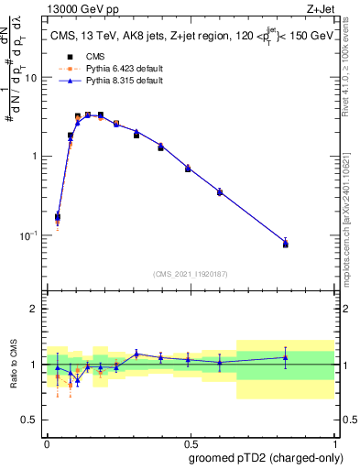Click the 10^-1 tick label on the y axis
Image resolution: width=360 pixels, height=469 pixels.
pyautogui.click(x=29, y=235)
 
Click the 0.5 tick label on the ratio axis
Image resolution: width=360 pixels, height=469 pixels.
pyautogui.click(x=30, y=421)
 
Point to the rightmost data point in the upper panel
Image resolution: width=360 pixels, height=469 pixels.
pyautogui.click(x=285, y=244)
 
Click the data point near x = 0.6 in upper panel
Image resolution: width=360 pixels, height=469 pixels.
pyautogui.click(x=220, y=191)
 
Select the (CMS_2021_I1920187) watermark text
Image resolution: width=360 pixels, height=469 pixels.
pyautogui.click(x=190, y=274)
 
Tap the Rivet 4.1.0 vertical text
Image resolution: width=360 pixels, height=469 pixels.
pyautogui.click(x=349, y=64)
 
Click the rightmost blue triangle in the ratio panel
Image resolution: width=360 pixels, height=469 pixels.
pyautogui.click(x=285, y=357)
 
